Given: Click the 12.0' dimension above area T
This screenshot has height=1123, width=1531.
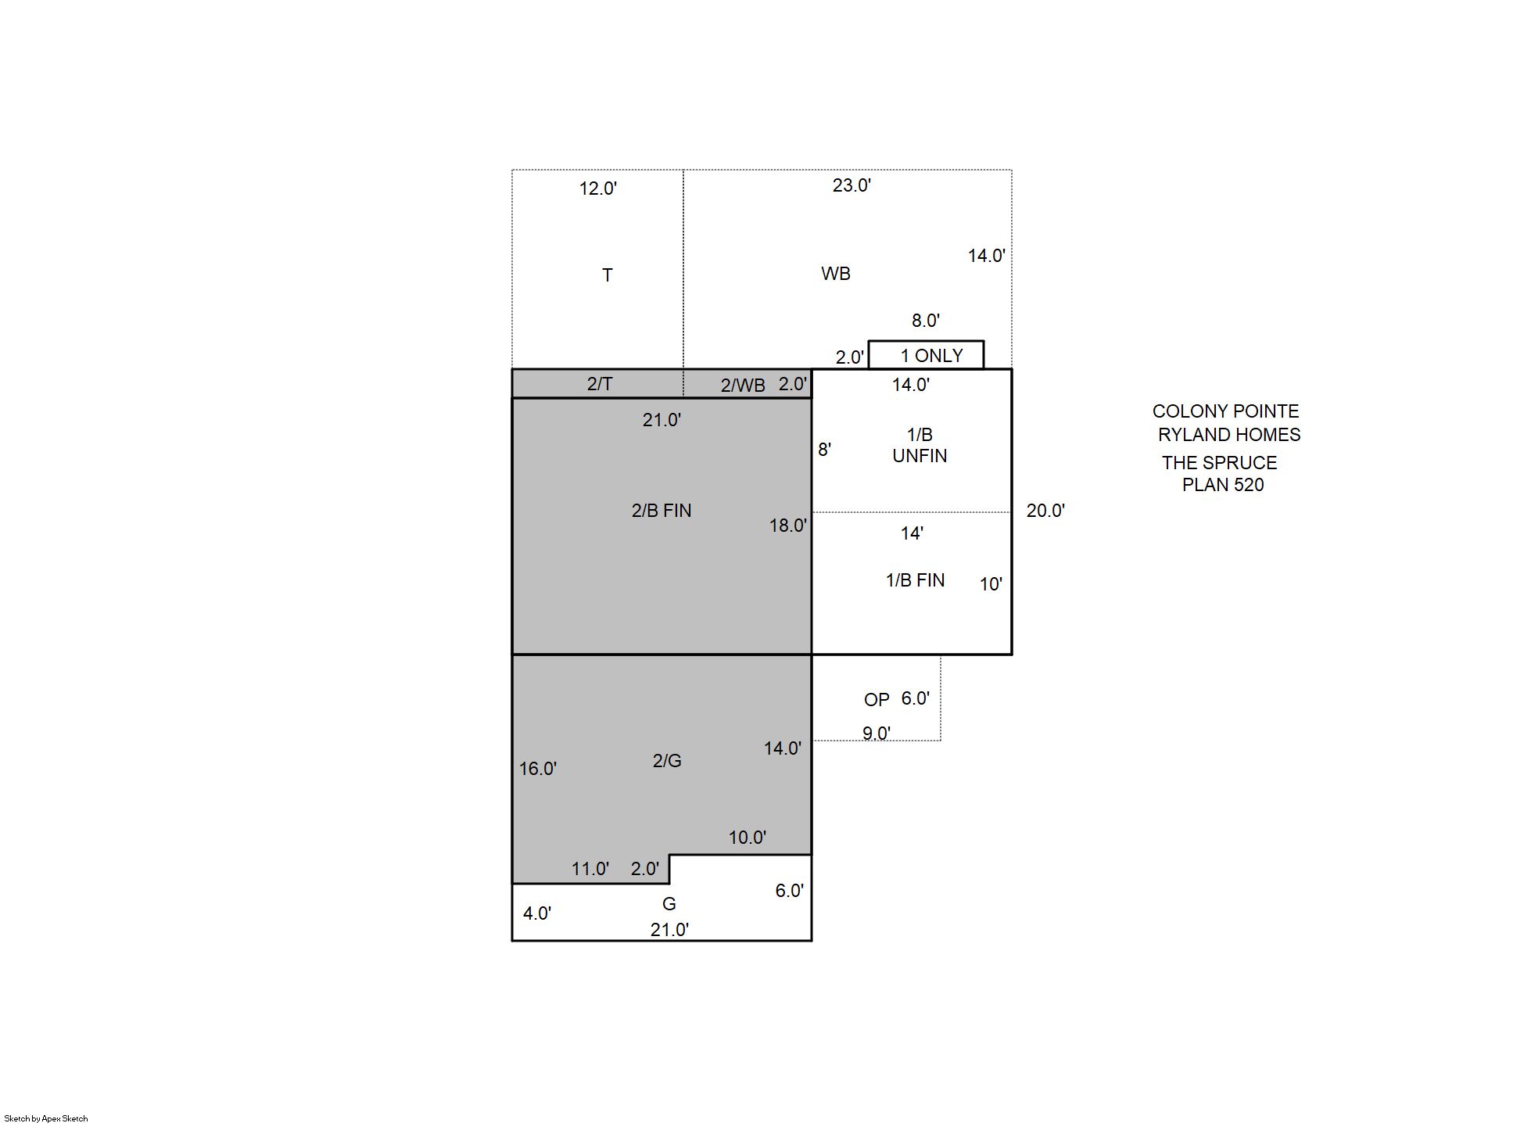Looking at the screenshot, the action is click(598, 188).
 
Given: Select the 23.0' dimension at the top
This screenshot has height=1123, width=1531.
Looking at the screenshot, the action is click(852, 185).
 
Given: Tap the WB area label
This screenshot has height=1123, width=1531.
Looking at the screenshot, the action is click(836, 274).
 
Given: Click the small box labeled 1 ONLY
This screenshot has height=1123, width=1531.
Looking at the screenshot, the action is click(927, 355).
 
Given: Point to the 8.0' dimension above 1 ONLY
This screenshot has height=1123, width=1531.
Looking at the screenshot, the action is click(926, 321).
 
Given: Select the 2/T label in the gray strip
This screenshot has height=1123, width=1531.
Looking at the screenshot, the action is click(600, 384).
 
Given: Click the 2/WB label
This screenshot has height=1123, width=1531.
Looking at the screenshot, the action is click(743, 386).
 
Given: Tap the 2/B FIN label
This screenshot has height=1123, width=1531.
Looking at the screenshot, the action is click(662, 511).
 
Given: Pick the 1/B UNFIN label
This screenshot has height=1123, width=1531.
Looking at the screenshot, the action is click(920, 445).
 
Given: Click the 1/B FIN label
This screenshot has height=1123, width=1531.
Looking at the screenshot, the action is click(915, 580).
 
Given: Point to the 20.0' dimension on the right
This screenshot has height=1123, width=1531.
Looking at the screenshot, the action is click(1045, 511).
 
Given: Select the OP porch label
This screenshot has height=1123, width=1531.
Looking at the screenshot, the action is click(877, 700).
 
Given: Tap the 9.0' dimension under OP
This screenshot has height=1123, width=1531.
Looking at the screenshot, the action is click(877, 734).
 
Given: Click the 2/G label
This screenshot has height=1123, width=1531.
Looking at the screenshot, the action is click(667, 761).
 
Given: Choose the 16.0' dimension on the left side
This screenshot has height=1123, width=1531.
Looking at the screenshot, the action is click(538, 769).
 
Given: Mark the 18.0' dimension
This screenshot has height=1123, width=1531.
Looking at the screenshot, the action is click(788, 526).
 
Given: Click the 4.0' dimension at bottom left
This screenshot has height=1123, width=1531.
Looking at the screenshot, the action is click(537, 913).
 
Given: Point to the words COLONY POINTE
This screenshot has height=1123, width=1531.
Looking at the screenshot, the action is click(1225, 411).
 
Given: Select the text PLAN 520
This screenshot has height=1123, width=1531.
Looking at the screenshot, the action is click(1223, 485).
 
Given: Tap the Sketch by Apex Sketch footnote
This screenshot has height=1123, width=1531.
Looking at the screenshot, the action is click(46, 1118).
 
